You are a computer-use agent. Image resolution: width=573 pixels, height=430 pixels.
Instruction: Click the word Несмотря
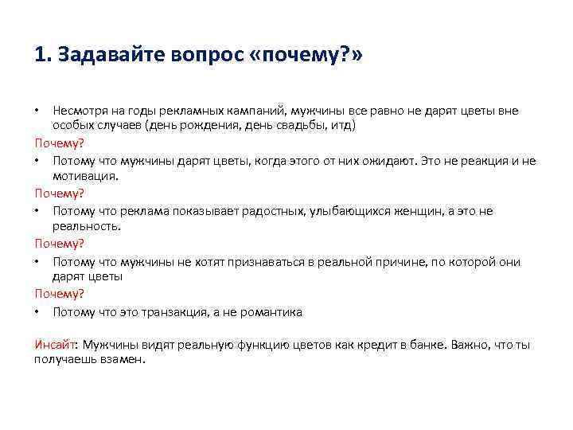[x=78, y=111]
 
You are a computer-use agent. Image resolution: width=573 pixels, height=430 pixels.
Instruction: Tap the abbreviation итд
[x=342, y=125]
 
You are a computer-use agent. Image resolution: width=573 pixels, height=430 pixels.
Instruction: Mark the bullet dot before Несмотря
[x=37, y=111]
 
